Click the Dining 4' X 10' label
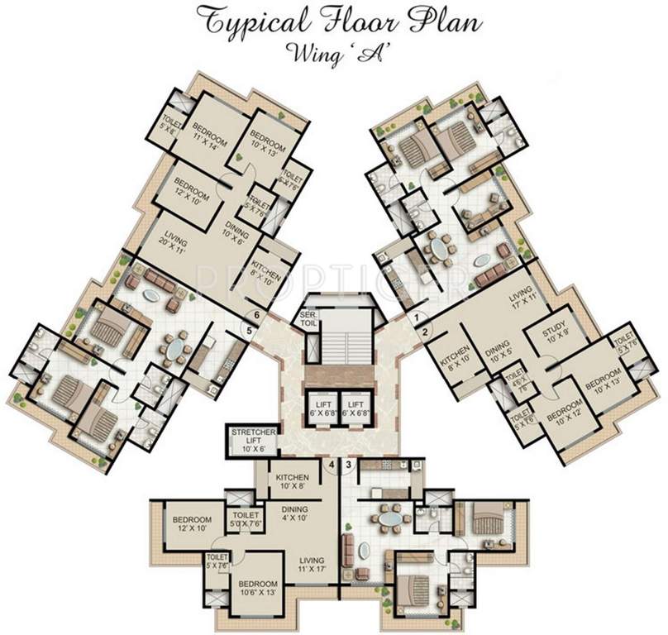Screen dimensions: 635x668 pyautogui.click(x=295, y=513)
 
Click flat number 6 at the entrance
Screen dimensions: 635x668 pyautogui.click(x=258, y=315)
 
